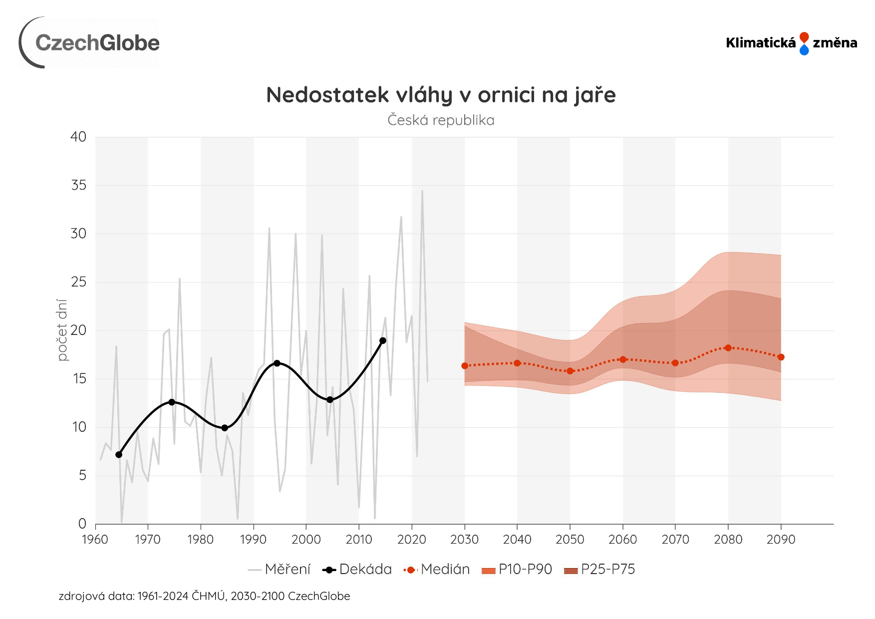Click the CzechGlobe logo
coord(90,43)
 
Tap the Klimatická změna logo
coord(791,43)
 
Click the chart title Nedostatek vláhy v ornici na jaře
coord(441,95)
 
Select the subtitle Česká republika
coord(441,120)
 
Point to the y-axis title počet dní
coord(62,330)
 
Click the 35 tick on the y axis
coord(79,185)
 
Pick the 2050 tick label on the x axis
coord(570,540)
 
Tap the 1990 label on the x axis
coord(253,540)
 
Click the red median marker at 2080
coord(728,348)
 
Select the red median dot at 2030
coord(465,366)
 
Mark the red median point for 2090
coord(781,357)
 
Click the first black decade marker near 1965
coord(119,455)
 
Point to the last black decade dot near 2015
coord(383,341)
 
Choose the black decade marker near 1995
coord(277,363)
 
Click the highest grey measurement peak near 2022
coord(422,191)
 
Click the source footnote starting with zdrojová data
coord(204,596)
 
